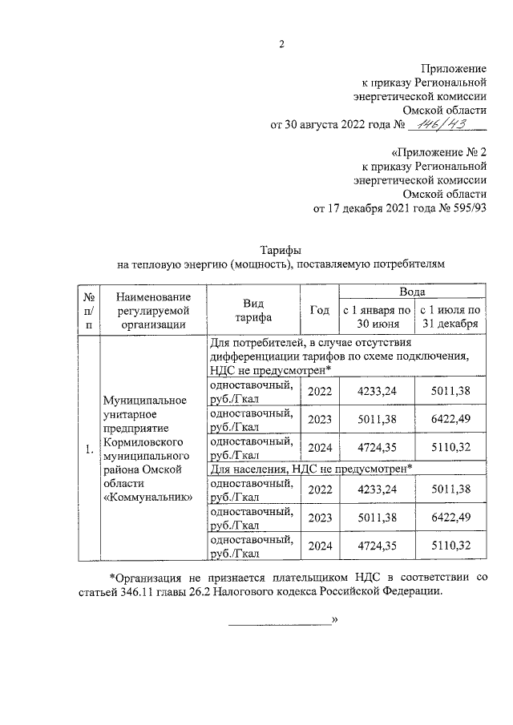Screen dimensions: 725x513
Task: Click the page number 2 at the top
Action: (281, 44)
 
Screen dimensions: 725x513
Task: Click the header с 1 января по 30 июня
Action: (377, 316)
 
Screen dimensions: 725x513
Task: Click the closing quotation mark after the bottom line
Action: (335, 620)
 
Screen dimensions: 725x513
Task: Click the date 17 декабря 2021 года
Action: (377, 209)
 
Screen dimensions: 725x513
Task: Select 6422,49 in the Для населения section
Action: (450, 517)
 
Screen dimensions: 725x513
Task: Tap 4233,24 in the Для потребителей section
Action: (377, 392)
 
